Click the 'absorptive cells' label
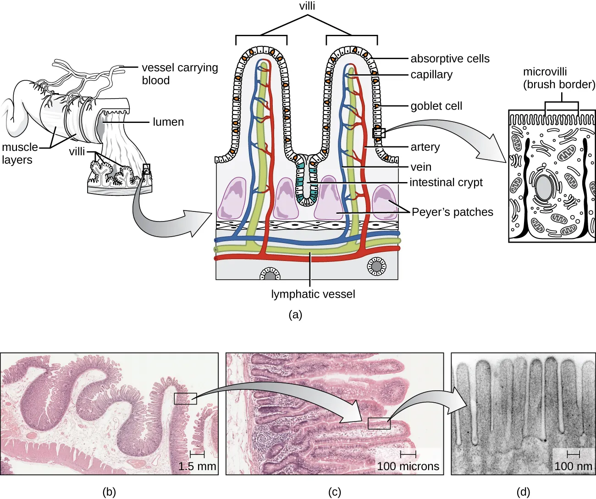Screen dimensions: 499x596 (x=450, y=59)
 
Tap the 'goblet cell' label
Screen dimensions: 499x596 (x=436, y=106)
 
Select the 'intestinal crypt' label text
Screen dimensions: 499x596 (x=446, y=183)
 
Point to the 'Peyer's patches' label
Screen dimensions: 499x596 (x=452, y=212)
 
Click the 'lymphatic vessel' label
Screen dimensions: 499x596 (x=313, y=294)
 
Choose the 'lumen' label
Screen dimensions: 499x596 (x=168, y=122)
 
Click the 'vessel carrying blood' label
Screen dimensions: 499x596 (x=179, y=74)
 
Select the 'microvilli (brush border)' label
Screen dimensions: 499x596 (x=559, y=78)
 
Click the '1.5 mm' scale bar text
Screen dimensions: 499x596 (x=197, y=466)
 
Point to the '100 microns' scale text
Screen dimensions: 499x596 (x=408, y=466)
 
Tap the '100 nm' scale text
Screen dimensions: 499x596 (x=573, y=466)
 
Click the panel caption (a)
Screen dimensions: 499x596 (x=295, y=315)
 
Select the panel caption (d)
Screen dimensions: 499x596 (x=523, y=492)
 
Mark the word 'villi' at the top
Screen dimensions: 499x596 (x=307, y=6)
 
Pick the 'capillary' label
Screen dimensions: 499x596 (x=431, y=75)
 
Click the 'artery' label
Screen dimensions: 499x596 (x=425, y=147)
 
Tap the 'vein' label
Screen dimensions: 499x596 (x=420, y=167)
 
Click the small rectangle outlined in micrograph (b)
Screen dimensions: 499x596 (x=185, y=398)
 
